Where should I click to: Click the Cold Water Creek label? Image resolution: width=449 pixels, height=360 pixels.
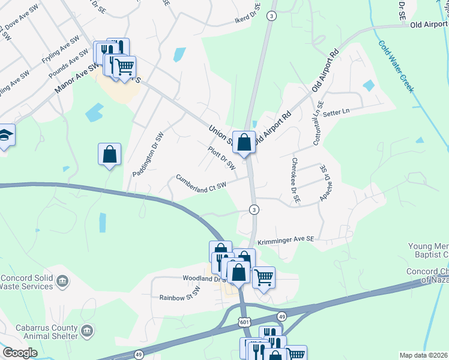[396, 66]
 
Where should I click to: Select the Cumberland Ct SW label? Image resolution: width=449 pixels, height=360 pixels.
[201, 181]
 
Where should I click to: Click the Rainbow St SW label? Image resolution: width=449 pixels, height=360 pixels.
[179, 297]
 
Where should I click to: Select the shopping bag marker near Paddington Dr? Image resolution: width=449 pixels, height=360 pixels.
[110, 154]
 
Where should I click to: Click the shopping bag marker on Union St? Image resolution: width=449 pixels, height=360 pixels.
[244, 143]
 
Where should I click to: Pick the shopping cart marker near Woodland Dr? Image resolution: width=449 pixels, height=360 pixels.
[264, 277]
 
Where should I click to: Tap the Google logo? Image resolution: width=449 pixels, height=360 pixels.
[20, 353]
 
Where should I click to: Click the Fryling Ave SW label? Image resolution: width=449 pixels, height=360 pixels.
[60, 50]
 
